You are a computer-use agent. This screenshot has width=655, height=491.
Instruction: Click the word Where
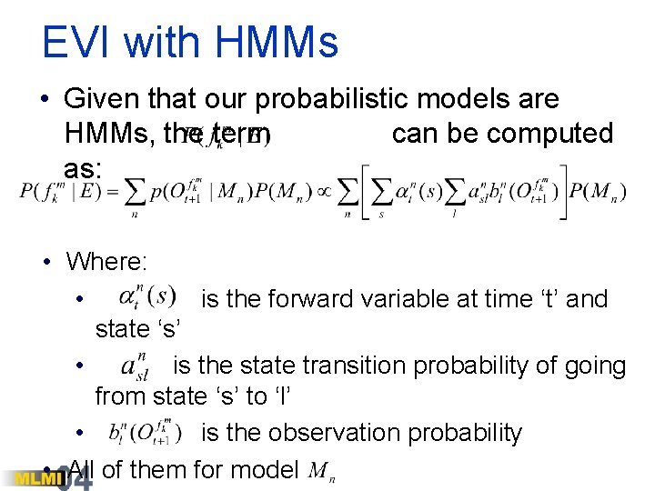point(106,263)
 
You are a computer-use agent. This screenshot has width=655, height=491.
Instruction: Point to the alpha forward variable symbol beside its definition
point(146,296)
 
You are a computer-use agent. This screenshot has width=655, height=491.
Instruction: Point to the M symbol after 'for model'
point(319,471)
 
